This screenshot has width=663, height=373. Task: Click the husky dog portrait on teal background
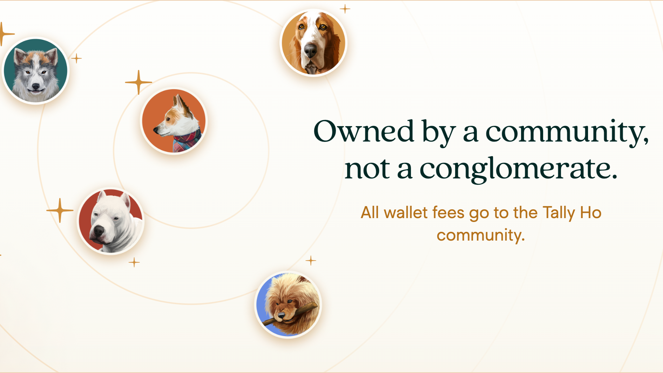35,71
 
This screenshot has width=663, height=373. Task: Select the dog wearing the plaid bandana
174,121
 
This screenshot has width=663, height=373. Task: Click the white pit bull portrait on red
111,221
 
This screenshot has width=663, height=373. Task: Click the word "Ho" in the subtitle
591,212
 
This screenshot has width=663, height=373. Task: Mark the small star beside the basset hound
345,9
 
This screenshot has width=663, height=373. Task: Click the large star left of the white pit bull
60,210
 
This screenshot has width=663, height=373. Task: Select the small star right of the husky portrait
76,58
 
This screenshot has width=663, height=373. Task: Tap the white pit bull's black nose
99,231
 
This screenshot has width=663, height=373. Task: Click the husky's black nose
36,86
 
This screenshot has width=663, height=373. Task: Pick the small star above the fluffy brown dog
311,261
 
